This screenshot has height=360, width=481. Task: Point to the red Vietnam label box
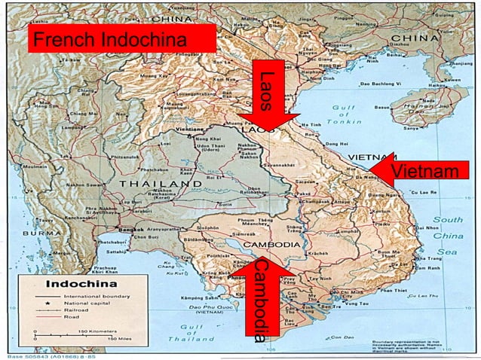click(426, 171)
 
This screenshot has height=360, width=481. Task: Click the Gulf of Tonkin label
click(343, 114)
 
